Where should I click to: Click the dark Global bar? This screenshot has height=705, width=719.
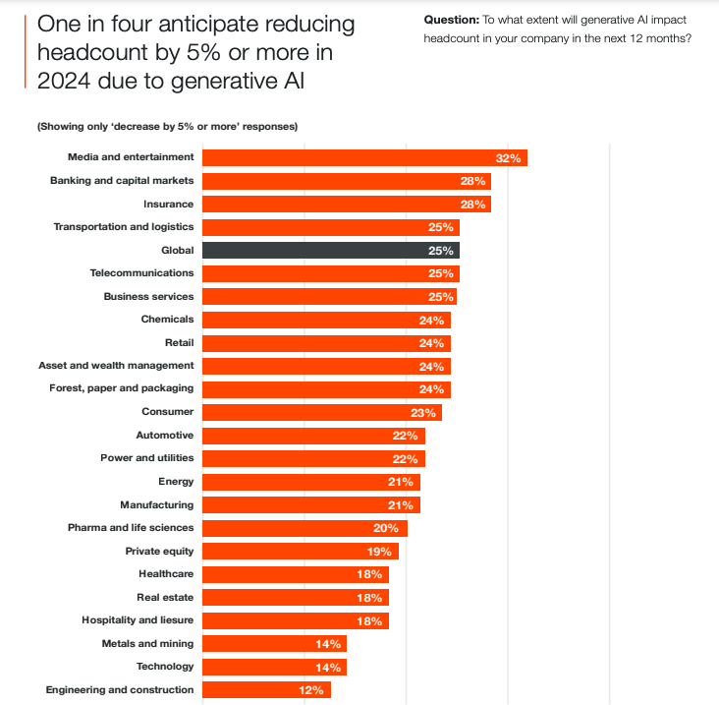(330, 251)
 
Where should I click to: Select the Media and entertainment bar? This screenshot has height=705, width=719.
(363, 157)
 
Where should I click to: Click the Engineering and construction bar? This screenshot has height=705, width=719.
(265, 690)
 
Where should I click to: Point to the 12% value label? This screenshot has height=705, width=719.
(312, 690)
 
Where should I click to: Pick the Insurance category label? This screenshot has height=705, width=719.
(168, 204)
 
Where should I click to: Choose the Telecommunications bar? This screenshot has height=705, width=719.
(330, 273)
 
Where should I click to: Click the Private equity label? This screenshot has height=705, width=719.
(159, 551)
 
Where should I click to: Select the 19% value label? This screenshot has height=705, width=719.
(380, 552)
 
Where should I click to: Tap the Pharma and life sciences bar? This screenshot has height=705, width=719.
(304, 528)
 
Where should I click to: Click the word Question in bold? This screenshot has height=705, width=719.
(451, 20)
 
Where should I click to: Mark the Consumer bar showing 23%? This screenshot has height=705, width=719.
(322, 412)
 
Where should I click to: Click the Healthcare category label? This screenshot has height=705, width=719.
(166, 574)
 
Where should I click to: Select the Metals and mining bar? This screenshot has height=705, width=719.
(274, 644)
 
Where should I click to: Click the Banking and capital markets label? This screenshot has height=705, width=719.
(122, 181)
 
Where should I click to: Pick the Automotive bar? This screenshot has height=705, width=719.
(313, 436)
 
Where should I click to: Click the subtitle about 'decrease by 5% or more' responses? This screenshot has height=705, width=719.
(167, 126)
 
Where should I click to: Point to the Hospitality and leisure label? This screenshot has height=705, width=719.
(138, 620)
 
